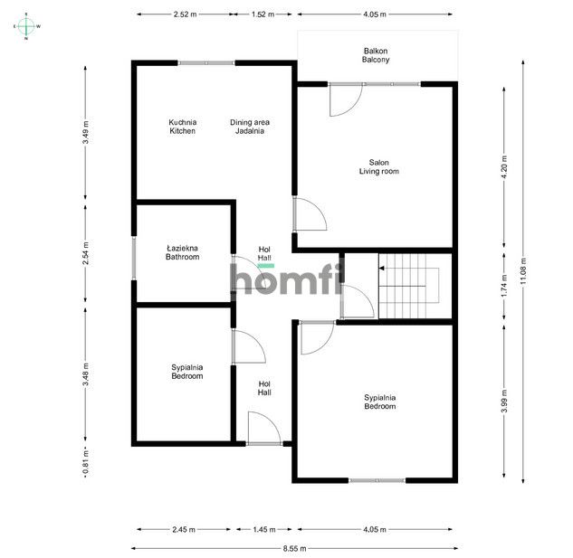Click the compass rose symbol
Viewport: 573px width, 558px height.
pos(26,26)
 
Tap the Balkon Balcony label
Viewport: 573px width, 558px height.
pos(376,55)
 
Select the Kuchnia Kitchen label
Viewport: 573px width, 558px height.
pos(182,127)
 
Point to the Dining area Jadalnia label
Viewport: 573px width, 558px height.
pos(250,127)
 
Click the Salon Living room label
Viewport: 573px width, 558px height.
pos(379,166)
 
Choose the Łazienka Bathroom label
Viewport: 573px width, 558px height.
pos(182,252)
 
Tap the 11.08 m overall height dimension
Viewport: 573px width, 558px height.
pos(523,271)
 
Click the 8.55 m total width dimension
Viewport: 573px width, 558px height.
pos(294,548)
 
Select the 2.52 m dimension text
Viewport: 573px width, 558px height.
pos(185,14)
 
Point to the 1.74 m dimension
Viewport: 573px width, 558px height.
pos(504,285)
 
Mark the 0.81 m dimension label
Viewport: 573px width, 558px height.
pos(85,463)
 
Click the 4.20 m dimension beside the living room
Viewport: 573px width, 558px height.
pos(504,167)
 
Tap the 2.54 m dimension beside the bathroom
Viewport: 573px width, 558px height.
pos(85,252)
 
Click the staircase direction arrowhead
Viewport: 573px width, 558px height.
pos(381,268)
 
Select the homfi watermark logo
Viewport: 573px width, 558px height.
pos(287,279)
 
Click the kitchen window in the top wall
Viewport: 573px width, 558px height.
pos(206,62)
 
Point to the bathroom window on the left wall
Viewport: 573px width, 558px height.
pos(134,258)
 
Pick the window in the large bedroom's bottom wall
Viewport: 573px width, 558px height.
pos(377,480)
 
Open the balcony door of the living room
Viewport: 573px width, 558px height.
pos(346,99)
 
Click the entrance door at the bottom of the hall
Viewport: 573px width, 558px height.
pos(264,428)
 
